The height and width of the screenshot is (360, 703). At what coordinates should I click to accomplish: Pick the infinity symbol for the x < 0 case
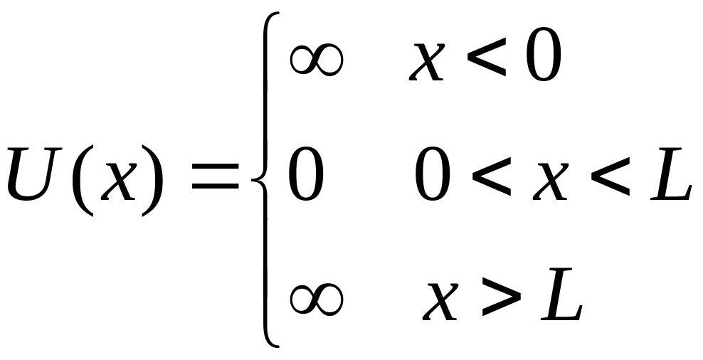point(316,61)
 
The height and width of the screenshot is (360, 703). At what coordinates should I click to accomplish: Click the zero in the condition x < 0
point(543,57)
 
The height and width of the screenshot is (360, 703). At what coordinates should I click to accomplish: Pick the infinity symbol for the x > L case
point(315,297)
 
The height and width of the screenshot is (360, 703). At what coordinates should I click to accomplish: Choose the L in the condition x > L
point(561,293)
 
